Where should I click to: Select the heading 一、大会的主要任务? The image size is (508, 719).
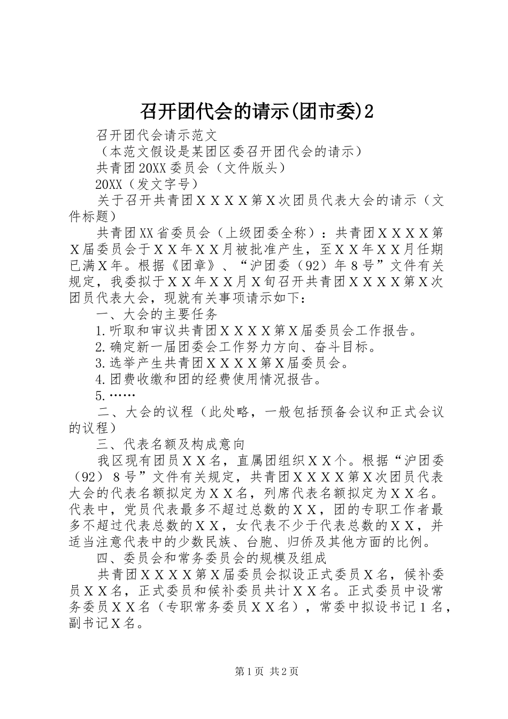[156, 314]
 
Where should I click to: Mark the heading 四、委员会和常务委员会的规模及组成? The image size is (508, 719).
[211, 558]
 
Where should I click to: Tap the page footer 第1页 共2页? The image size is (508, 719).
[266, 671]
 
